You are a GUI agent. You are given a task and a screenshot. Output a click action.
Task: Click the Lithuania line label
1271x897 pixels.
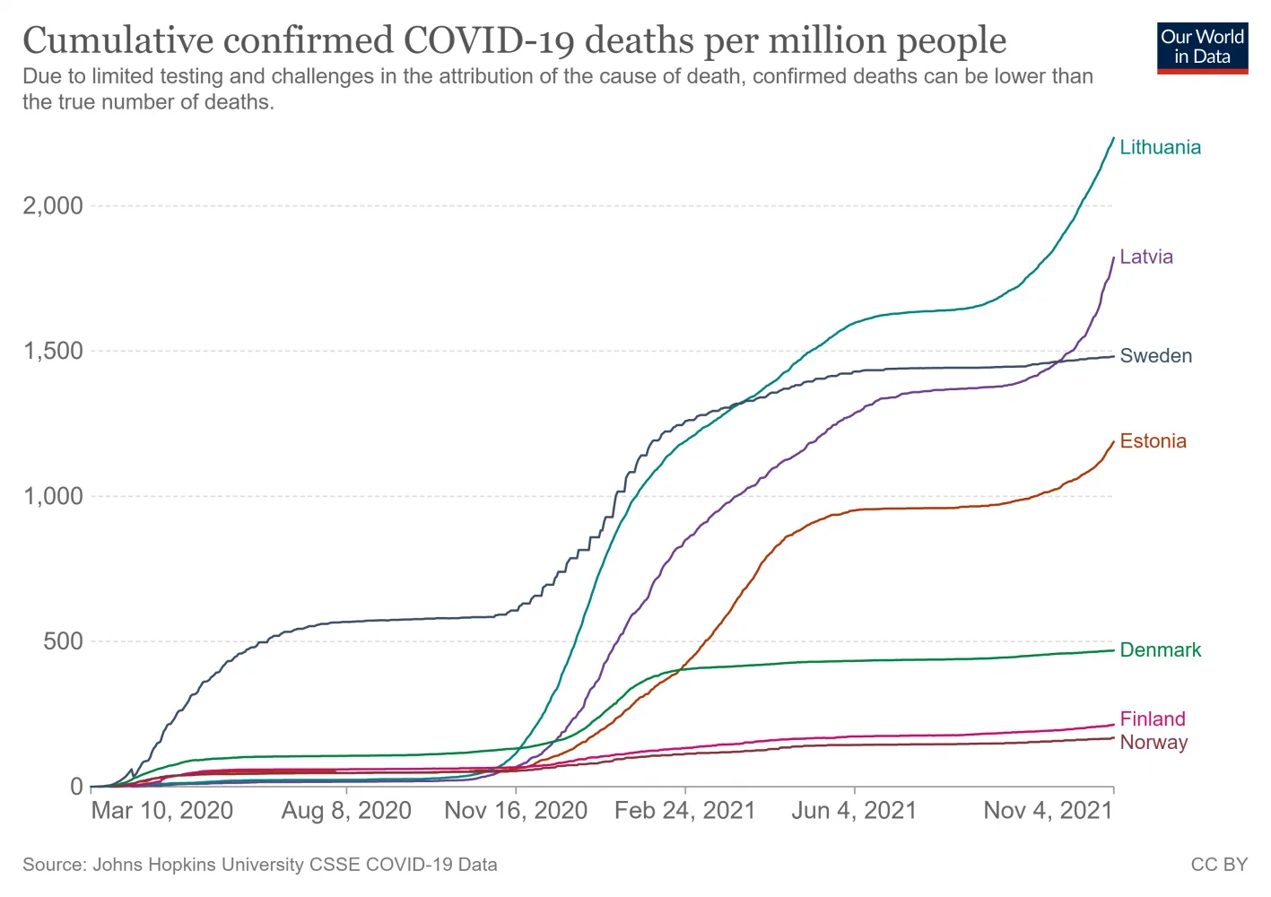[1160, 147]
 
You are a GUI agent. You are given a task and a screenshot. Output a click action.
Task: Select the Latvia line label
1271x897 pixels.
[1145, 257]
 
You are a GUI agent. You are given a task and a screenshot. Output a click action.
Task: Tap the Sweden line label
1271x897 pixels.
[1155, 356]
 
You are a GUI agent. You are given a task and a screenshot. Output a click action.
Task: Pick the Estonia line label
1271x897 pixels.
[1153, 441]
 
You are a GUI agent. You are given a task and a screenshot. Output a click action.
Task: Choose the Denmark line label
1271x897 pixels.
[1160, 650]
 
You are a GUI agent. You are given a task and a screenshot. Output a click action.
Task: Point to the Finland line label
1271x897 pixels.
[1152, 718]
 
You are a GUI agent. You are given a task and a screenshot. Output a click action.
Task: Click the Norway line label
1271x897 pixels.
[1153, 743]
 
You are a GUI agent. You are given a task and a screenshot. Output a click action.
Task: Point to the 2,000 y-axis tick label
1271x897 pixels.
[53, 205]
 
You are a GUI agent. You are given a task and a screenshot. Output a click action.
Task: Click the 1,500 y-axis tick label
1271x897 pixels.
[53, 351]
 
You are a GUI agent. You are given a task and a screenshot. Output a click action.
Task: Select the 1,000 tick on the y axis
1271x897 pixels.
[53, 496]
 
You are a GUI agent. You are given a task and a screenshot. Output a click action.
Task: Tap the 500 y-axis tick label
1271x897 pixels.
[63, 641]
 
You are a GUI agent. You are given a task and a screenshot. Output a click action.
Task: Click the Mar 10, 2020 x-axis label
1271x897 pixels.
[162, 811]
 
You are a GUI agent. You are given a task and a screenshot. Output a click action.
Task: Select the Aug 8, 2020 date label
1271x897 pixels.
[346, 811]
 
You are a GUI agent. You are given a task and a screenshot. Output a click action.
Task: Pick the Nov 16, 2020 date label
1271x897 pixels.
[516, 811]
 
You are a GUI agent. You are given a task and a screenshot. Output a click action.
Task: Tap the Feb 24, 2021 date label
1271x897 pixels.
[685, 811]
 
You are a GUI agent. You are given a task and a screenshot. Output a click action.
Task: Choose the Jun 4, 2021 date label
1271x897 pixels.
[854, 811]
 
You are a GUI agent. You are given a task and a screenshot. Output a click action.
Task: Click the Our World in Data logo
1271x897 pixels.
[1202, 48]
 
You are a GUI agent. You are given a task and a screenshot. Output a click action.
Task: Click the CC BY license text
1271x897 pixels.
[1219, 865]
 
